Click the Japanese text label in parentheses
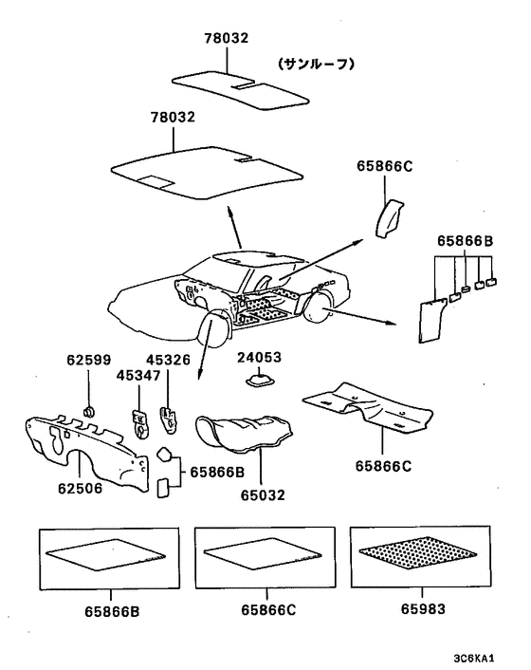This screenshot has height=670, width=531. click(x=317, y=65)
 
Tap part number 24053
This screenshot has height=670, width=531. click(x=260, y=357)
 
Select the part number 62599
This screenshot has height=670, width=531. click(x=88, y=360)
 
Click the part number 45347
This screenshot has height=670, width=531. click(x=138, y=376)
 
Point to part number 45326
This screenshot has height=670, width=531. click(x=168, y=360)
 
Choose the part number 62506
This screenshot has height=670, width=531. click(x=81, y=488)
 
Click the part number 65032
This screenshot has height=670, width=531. click(x=263, y=495)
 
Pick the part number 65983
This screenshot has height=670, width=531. click(x=423, y=608)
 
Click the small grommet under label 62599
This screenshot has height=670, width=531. click(x=89, y=412)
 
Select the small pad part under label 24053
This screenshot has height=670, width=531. click(x=259, y=380)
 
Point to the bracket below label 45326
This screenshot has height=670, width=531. click(x=169, y=420)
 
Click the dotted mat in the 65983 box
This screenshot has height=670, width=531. click(x=417, y=553)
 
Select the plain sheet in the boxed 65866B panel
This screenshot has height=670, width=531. click(x=105, y=554)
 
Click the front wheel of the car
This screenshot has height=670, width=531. click(x=215, y=330)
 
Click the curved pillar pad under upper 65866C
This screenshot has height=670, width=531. click(x=389, y=217)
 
